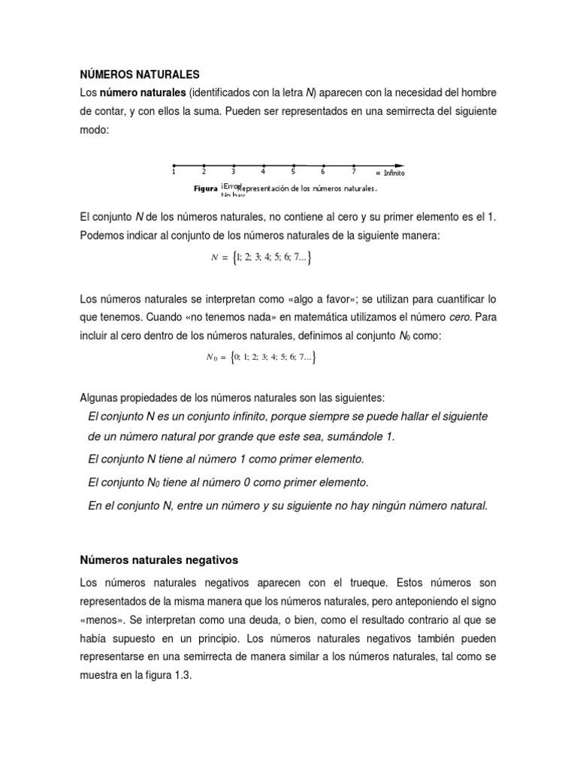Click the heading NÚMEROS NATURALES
click(140, 74)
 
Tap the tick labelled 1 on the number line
click(174, 165)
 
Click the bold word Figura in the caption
click(206, 188)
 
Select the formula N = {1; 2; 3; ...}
click(261, 258)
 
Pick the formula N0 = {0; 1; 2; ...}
click(261, 358)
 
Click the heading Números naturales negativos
click(159, 559)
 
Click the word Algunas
click(101, 397)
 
